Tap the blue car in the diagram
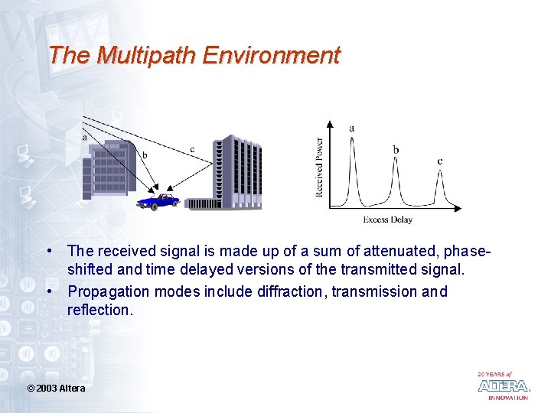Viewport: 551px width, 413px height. tap(158, 201)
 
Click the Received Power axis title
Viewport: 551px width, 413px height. tap(319, 167)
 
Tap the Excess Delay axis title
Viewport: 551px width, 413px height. tap(387, 220)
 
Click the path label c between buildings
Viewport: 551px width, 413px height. tap(192, 149)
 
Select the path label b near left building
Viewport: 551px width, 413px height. tap(145, 155)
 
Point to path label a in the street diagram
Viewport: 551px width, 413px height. tap(84, 138)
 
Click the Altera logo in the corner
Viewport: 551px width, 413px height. tap(503, 385)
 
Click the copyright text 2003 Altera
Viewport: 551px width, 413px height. tap(57, 389)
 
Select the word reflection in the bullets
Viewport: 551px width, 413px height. tap(99, 310)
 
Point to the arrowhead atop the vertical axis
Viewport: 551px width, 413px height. tap(330, 122)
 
